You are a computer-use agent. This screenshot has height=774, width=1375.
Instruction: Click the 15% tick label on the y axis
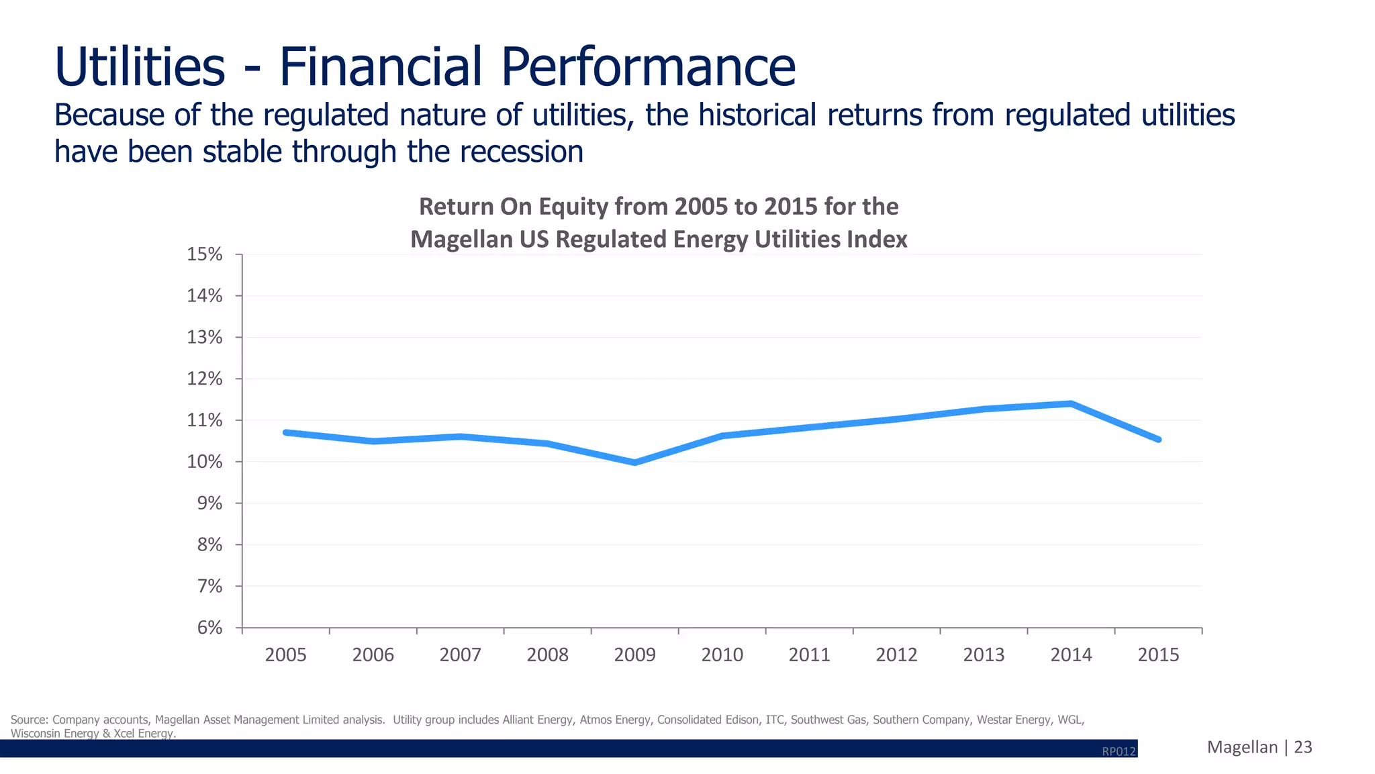(x=205, y=254)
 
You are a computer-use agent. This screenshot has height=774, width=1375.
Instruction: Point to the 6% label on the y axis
(x=209, y=628)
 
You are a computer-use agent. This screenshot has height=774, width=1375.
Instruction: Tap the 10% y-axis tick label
(x=205, y=462)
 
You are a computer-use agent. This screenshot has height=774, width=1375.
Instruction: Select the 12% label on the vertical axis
(x=205, y=379)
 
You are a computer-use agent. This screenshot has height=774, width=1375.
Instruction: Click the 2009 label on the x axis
(x=634, y=655)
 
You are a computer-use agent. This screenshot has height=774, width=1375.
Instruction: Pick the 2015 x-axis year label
(x=1158, y=655)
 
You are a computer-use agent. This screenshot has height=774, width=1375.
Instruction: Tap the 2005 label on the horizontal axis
(x=286, y=655)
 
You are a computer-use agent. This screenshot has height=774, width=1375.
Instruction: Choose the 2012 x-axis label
(x=896, y=655)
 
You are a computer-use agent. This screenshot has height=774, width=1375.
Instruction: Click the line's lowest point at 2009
(x=634, y=463)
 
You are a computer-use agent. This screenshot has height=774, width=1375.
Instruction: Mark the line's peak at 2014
(x=1071, y=403)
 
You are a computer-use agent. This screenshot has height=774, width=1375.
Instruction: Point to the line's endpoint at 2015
(x=1158, y=440)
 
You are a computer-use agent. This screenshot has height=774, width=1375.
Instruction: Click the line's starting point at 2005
(x=286, y=432)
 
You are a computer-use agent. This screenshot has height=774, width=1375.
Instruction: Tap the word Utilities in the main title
(x=140, y=67)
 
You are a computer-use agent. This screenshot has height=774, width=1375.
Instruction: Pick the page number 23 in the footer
(x=1302, y=747)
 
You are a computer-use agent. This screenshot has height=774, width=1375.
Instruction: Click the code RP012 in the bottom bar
(x=1119, y=751)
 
